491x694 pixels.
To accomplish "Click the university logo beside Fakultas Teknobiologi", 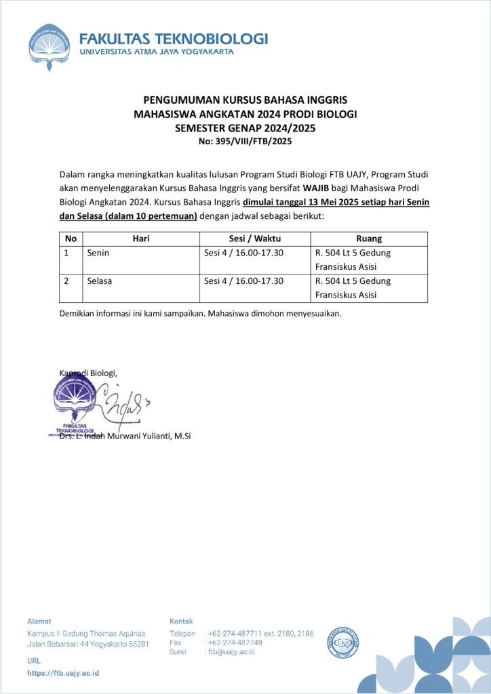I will (x=50, y=47).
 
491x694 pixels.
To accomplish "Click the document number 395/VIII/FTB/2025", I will (x=245, y=142).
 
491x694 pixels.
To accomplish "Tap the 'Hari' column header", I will (x=140, y=239).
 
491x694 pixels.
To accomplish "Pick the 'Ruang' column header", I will (x=369, y=239).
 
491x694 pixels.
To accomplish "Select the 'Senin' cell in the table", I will (x=98, y=253).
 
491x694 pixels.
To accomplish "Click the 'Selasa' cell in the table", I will (x=100, y=281).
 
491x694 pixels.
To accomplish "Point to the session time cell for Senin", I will (x=243, y=253).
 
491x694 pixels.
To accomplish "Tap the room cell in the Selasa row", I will (x=353, y=287).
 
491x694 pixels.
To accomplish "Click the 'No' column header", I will (x=71, y=239).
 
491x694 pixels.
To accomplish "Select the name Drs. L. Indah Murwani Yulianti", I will (x=125, y=436).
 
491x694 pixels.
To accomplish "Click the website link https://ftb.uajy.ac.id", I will (x=63, y=673).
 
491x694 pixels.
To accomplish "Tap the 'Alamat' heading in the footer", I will (x=39, y=621).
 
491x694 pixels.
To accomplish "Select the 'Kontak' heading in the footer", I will (x=181, y=621).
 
